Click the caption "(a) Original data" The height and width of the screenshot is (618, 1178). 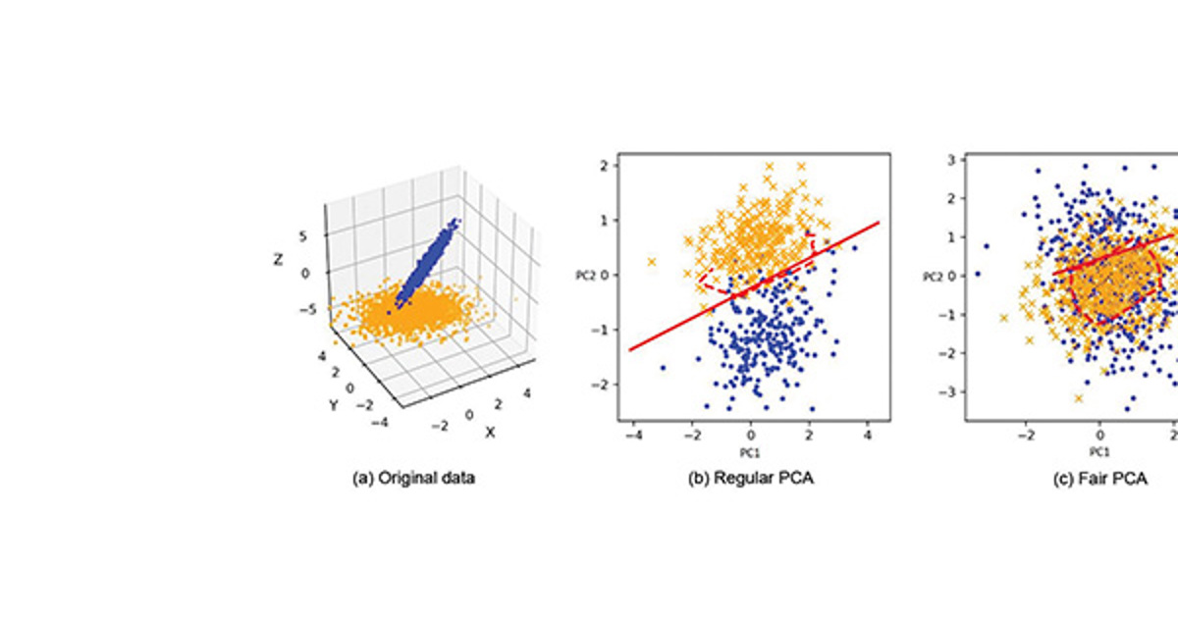click(x=412, y=480)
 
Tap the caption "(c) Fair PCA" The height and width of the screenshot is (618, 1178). click(x=1088, y=480)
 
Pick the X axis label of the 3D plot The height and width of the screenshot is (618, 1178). click(x=490, y=433)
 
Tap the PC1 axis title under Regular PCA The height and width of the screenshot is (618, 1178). click(x=751, y=452)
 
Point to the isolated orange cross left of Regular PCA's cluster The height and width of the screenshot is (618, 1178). click(x=652, y=262)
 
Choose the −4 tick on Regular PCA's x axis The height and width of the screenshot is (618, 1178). click(x=630, y=432)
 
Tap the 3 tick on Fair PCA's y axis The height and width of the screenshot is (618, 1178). click(x=950, y=159)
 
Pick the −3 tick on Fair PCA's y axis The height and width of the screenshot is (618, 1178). click(x=947, y=391)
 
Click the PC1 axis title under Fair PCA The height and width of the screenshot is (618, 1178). click(x=1098, y=452)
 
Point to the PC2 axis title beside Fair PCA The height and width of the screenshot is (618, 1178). click(x=934, y=277)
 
